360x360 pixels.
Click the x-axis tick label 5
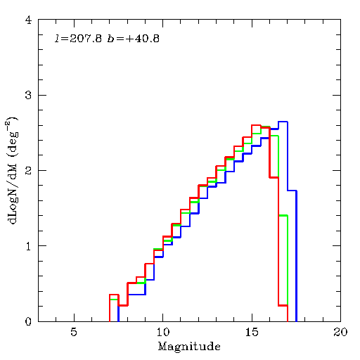tap(74, 332)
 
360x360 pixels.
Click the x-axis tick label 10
tap(162, 332)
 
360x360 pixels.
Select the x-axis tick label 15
tap(252, 332)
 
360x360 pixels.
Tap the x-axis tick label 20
tap(340, 332)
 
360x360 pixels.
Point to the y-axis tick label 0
tap(28, 321)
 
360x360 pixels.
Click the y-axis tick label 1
tap(28, 246)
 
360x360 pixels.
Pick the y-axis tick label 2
tap(28, 170)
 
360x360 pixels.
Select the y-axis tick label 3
tap(28, 95)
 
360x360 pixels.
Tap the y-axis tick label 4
tap(28, 20)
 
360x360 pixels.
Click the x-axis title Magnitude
tap(189, 347)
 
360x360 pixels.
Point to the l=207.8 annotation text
tap(78, 39)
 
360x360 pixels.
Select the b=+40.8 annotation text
tap(134, 39)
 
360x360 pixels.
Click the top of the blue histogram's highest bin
tap(283, 122)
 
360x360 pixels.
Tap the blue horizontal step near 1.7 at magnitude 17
tap(292, 191)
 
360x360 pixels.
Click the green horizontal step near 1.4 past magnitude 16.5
tap(283, 215)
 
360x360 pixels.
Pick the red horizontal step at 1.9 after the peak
tap(274, 178)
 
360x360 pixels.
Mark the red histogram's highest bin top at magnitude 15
tap(256, 125)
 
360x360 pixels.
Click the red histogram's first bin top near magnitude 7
tap(114, 295)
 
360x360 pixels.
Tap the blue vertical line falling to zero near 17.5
tap(296, 256)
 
